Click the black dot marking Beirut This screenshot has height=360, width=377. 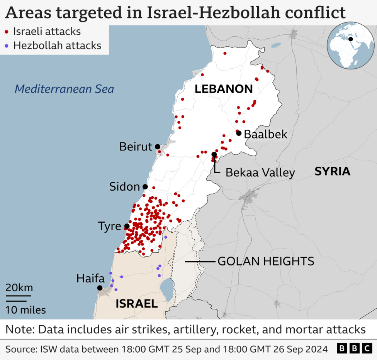pos(158,147)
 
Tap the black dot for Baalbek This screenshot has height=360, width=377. pos(239,133)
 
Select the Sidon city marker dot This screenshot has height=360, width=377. pos(145,186)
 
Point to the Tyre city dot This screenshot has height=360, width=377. pos(127,226)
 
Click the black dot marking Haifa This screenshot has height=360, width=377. pos(100,288)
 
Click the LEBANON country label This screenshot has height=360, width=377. pos(223,89)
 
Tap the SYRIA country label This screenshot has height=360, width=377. pos(332,171)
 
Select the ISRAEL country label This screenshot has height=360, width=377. pos(137,304)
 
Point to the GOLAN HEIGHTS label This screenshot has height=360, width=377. pos(266,261)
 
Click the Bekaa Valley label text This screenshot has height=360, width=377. pos(260,172)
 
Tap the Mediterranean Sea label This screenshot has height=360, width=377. pos(64,89)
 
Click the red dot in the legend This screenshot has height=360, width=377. pos(7,32)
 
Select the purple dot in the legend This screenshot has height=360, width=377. pos(7,46)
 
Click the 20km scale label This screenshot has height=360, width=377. pos(19,288)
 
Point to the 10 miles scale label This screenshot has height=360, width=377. pos(25,310)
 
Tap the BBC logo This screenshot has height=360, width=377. pos(355,349)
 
